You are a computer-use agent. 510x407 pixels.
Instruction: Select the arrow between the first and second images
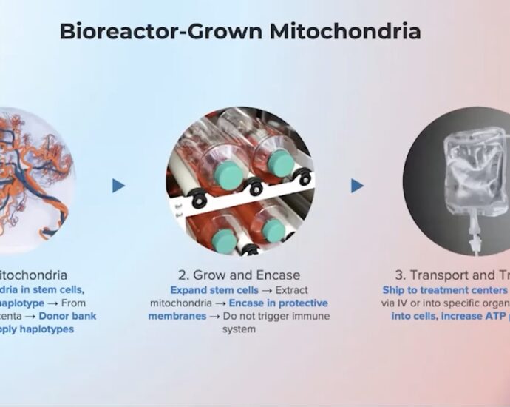tap(118, 186)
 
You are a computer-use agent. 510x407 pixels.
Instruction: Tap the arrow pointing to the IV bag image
tap(357, 186)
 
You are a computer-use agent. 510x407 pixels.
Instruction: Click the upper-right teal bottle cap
tap(281, 163)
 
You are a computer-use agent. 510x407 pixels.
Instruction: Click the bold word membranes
tap(176, 316)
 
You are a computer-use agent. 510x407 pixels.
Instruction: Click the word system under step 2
tap(239, 329)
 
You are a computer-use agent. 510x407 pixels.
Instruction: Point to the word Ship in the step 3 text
tap(394, 290)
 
